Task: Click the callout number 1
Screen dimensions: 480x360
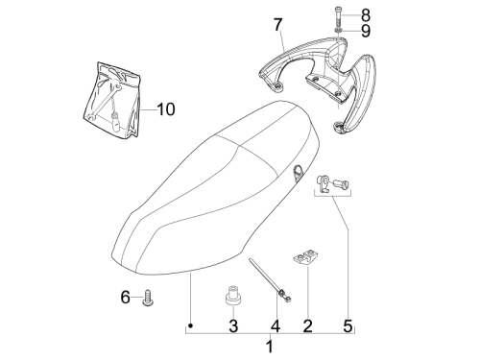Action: click(270, 347)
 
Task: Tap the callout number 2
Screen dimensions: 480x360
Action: click(307, 326)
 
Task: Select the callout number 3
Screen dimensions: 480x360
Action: click(233, 326)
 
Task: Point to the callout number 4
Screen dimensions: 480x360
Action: click(276, 326)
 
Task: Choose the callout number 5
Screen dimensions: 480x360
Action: click(348, 326)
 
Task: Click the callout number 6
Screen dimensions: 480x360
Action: click(126, 297)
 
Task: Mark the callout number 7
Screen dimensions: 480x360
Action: click(278, 25)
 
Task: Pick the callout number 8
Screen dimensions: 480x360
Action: click(366, 15)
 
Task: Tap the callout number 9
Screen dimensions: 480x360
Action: click(366, 31)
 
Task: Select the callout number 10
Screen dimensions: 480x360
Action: click(166, 109)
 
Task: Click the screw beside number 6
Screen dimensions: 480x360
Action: click(149, 298)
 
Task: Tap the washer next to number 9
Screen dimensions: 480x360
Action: click(339, 31)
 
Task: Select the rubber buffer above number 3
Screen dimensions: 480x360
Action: click(233, 295)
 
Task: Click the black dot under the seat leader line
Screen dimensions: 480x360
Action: click(190, 325)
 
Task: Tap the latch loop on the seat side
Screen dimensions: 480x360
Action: click(298, 171)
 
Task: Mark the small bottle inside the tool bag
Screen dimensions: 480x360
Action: click(115, 121)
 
